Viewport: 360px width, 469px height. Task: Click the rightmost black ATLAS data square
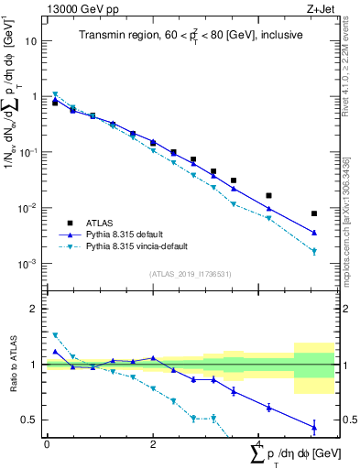(314, 213)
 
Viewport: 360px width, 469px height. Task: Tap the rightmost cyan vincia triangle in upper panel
(314, 252)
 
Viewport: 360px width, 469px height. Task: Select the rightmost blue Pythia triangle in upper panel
(314, 233)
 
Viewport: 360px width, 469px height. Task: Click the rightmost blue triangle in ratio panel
(314, 426)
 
